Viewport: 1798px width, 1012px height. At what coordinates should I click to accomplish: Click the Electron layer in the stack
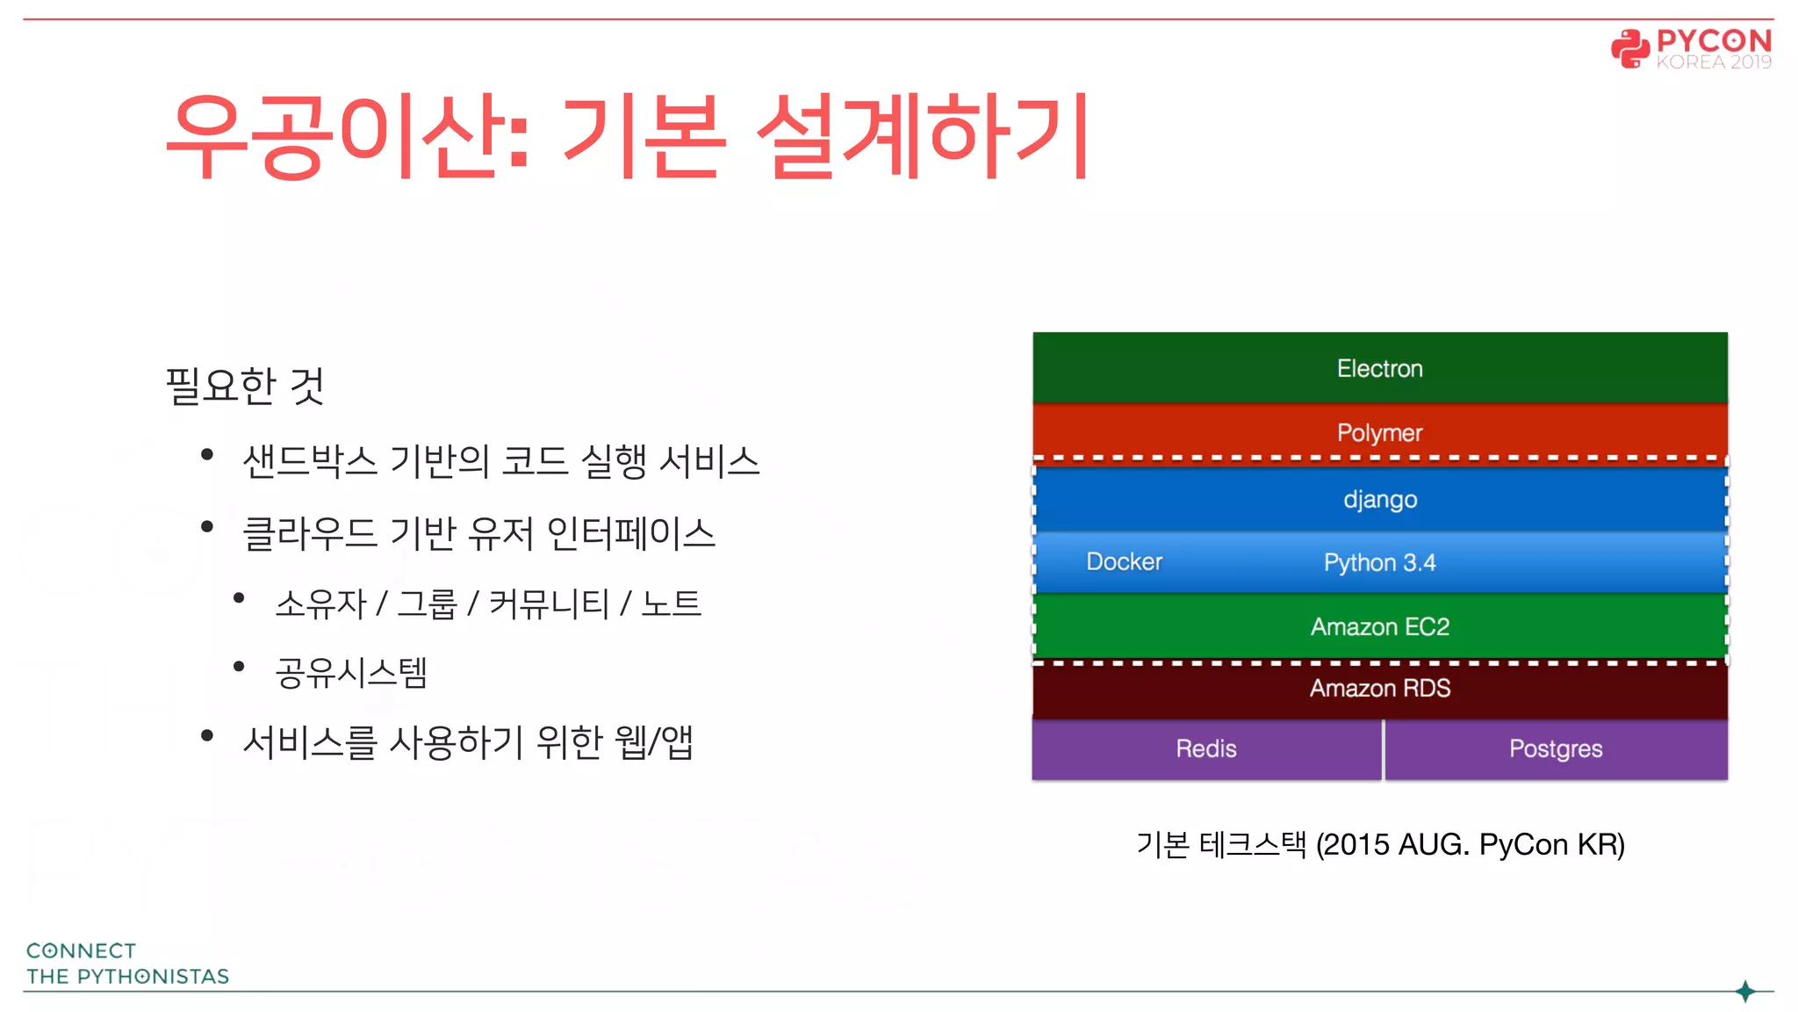coord(1379,368)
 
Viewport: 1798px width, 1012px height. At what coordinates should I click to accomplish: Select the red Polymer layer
coord(1379,432)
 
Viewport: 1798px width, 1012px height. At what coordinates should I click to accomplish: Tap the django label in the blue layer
coord(1380,500)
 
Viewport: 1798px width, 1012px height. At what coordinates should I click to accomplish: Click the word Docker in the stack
coord(1124,562)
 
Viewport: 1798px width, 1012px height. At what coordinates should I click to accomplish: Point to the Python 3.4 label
coord(1379,563)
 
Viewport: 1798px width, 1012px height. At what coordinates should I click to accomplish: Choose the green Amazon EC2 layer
coord(1379,626)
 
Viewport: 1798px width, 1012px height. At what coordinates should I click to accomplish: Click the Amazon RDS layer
coord(1379,688)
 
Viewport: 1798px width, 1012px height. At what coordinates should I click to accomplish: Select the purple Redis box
coord(1205,748)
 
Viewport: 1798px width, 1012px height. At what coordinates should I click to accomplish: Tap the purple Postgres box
coord(1555,748)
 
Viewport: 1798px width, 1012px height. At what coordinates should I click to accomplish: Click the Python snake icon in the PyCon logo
coord(1630,48)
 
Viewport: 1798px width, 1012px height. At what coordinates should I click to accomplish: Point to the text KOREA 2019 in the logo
coord(1713,62)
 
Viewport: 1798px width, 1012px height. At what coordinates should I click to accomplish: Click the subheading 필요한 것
coord(245,386)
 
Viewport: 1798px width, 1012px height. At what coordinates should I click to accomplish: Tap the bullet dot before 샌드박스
coord(207,454)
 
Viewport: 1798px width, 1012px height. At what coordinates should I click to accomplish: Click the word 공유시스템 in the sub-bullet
coord(351,673)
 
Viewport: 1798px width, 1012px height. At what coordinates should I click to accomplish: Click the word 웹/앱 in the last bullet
coord(654,742)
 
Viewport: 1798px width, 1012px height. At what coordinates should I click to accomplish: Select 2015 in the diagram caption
coord(1356,844)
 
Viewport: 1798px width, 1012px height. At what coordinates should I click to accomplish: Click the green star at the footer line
coord(1745,991)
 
